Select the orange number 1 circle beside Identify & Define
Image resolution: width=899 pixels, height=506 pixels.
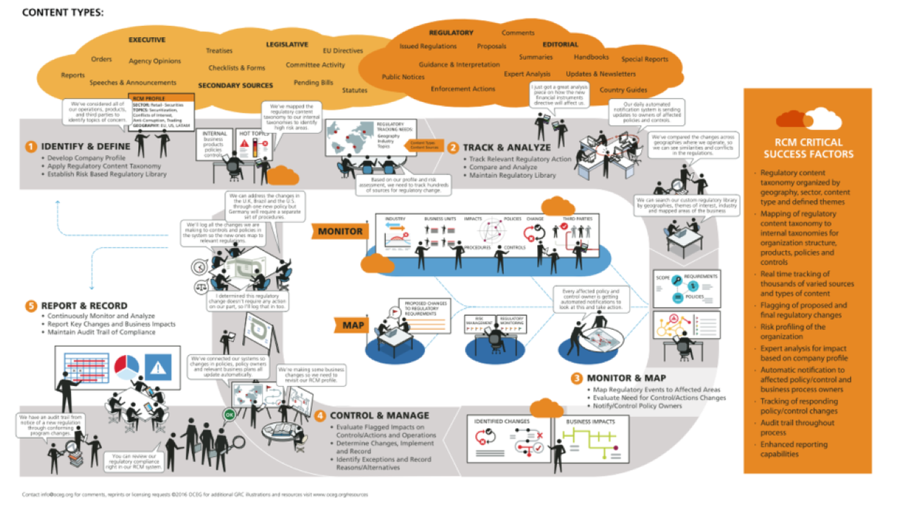tap(31, 146)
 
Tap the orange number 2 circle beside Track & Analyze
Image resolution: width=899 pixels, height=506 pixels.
tap(453, 147)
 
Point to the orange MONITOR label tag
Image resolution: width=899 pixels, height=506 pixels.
tap(340, 231)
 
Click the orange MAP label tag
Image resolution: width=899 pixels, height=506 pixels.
tap(353, 325)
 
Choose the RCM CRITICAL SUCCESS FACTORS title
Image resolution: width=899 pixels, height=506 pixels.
tap(807, 147)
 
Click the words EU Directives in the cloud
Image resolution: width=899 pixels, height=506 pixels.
tap(342, 51)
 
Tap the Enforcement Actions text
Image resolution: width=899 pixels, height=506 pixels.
tap(463, 89)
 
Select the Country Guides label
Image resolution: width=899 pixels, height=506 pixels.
tap(623, 90)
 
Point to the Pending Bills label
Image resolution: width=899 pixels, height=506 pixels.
tap(313, 82)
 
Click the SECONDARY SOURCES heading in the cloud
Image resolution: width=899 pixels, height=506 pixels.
tap(235, 85)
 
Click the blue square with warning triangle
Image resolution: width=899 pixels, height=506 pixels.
tap(157, 367)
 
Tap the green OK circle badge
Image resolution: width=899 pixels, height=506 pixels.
tap(229, 415)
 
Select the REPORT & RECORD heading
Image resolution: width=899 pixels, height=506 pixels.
tap(84, 306)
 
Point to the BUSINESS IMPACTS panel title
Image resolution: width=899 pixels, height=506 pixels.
tap(590, 421)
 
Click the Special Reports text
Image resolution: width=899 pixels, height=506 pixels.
tap(645, 59)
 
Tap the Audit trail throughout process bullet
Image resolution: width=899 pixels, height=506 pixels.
tap(796, 427)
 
